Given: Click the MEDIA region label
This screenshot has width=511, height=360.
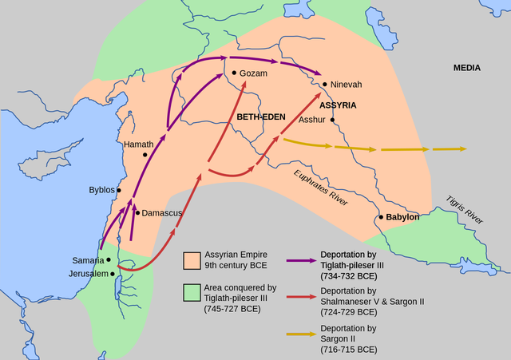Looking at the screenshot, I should (x=467, y=68).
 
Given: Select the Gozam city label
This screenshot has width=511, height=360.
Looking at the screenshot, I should (x=253, y=73).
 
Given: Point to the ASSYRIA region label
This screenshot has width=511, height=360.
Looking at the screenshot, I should (x=337, y=105).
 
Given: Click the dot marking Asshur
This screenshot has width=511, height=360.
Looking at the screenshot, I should (x=332, y=121).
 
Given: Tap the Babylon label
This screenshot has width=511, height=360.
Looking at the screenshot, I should (x=403, y=217).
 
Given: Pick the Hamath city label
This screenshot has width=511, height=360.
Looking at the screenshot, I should (x=138, y=144).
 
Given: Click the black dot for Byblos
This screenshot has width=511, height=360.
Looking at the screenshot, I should (x=119, y=190).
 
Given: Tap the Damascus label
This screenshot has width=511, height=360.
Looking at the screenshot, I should (x=162, y=213).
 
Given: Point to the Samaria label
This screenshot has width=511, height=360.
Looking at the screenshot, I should (x=86, y=260).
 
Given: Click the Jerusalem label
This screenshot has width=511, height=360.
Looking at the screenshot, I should (x=88, y=274).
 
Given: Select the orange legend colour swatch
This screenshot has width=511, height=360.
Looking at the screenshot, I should (x=192, y=260).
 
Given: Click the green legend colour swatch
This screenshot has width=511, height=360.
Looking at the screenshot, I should (x=192, y=293).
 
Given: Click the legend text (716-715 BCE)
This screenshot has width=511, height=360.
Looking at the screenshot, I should (x=348, y=350).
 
